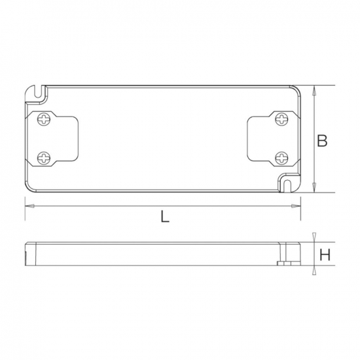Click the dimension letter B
click(x=322, y=140)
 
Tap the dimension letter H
click(x=323, y=255)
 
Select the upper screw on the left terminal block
click(x=45, y=120)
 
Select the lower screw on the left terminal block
click(x=45, y=157)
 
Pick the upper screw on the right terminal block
click(x=282, y=120)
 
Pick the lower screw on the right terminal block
click(x=282, y=157)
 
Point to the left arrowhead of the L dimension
click(x=29, y=206)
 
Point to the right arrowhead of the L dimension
click(x=298, y=206)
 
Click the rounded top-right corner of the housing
click(x=297, y=90)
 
